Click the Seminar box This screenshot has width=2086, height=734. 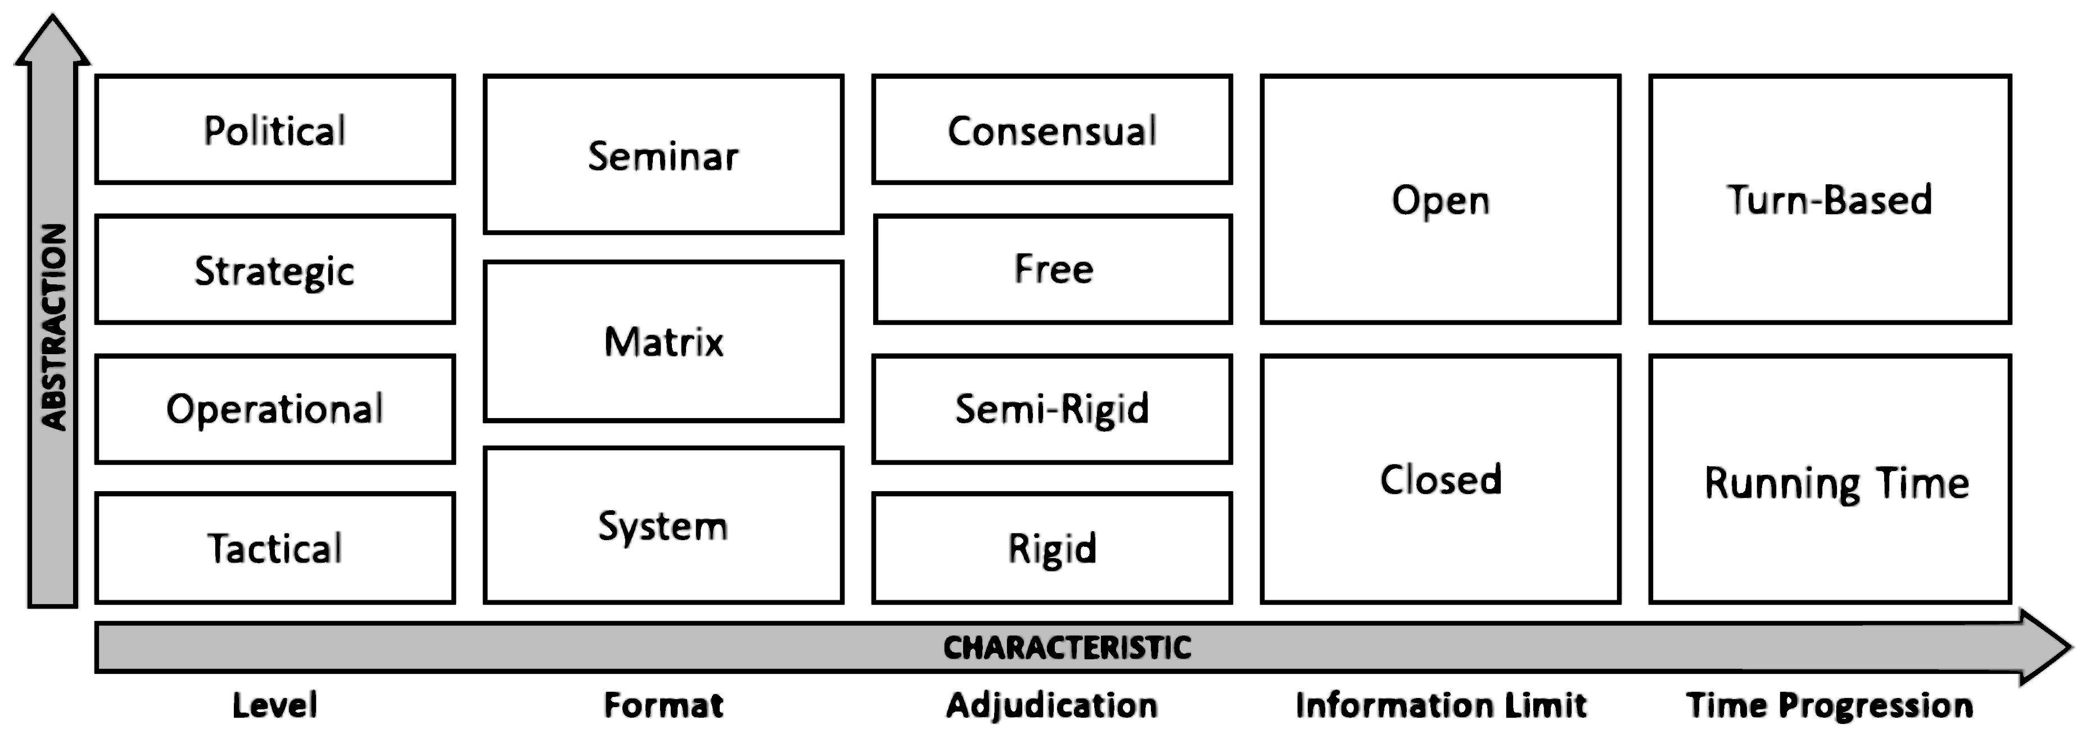[663, 155]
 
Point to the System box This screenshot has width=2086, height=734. [663, 526]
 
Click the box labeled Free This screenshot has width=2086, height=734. [1052, 269]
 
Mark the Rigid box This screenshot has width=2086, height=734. [1052, 549]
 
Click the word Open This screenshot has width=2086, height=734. [1441, 200]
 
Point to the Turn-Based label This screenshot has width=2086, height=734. [1829, 200]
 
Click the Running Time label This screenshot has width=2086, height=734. [1836, 483]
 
